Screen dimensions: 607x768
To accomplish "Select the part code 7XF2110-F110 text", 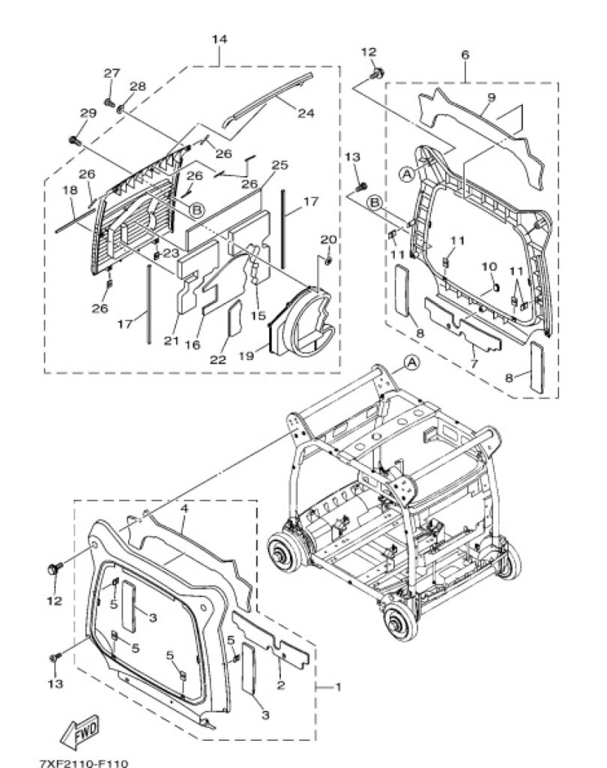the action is (x=83, y=763).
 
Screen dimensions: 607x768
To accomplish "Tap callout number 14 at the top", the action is (x=220, y=39).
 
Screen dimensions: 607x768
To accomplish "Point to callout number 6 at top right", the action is (x=465, y=55).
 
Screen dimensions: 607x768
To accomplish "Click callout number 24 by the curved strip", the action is (x=306, y=113).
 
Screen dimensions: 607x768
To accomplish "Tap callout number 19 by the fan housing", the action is (x=247, y=355).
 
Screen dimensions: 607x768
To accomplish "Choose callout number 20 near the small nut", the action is (x=328, y=239).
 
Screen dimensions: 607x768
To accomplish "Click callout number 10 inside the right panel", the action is (x=489, y=266).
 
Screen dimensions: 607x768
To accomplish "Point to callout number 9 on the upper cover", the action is (x=491, y=97).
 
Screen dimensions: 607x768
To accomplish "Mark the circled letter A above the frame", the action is (x=411, y=362).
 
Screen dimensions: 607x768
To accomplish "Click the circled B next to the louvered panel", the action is (x=196, y=210).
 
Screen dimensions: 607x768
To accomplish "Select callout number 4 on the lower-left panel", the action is (x=184, y=508).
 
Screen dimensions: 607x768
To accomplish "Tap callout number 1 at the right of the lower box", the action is (x=337, y=687).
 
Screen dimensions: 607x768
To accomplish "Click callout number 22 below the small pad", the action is (x=218, y=359).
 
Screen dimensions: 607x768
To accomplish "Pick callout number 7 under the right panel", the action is (x=473, y=364).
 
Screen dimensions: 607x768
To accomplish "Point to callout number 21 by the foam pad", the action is (x=171, y=340).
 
